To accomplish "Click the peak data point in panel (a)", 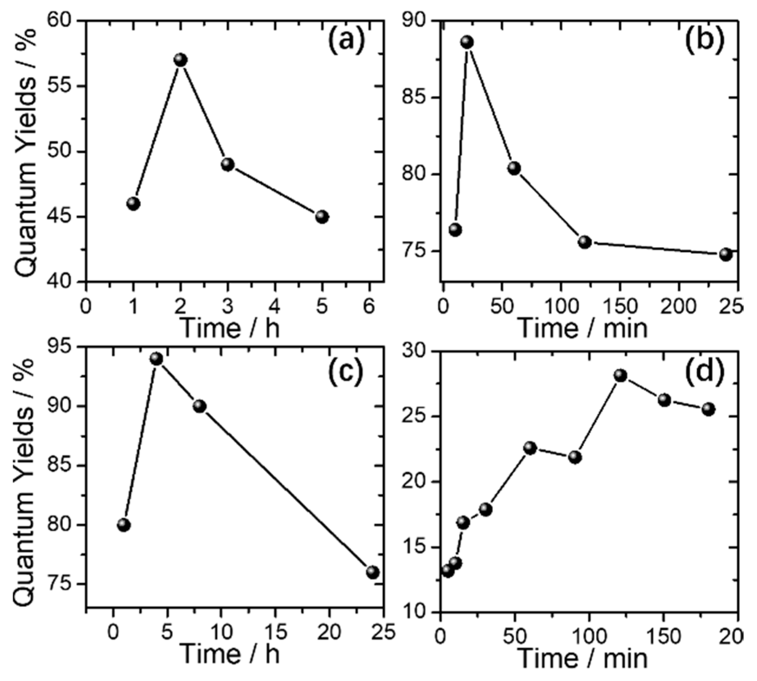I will [180, 60].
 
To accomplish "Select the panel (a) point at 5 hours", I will [322, 217].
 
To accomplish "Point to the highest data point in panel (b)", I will [467, 42].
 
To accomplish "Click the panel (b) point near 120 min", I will [585, 242].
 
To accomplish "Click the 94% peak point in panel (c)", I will [156, 359].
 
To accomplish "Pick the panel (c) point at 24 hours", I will [373, 572].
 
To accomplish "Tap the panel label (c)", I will [346, 372].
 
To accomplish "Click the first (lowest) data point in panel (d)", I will [448, 571].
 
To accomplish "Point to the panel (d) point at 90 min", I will [575, 457].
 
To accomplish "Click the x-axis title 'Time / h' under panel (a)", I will [230, 328].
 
